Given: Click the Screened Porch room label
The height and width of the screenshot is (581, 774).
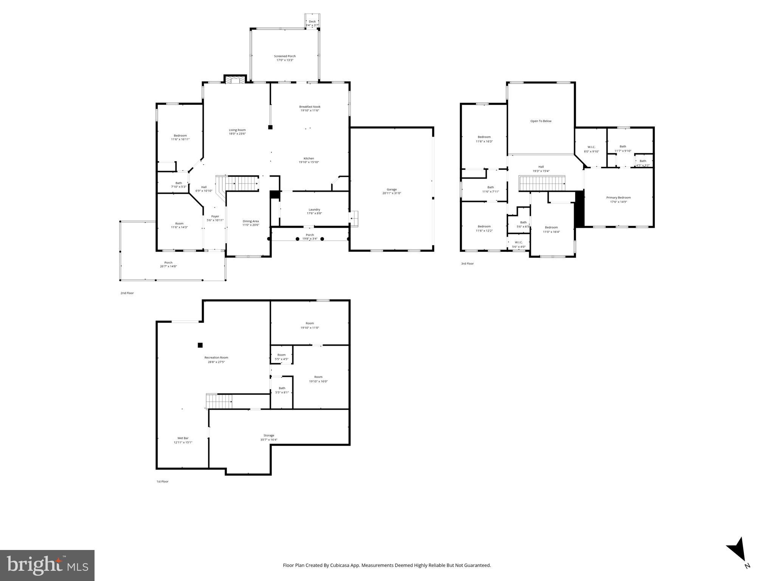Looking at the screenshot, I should (x=285, y=56).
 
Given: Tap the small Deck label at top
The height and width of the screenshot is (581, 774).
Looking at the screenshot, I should (x=312, y=22).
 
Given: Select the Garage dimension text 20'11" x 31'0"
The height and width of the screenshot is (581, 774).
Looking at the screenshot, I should (x=391, y=193).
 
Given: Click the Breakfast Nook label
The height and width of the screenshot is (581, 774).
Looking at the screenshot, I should (x=310, y=107).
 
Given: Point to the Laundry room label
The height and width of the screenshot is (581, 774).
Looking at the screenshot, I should (x=314, y=210).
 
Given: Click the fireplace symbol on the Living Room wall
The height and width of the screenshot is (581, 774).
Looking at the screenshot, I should (x=235, y=79).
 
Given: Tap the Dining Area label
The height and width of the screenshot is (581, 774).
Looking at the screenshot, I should (x=251, y=221).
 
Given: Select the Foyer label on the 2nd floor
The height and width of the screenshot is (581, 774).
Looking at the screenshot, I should (x=215, y=216).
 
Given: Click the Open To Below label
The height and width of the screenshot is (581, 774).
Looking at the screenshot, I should (x=541, y=121).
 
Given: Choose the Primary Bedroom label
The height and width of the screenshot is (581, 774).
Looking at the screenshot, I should (x=618, y=197).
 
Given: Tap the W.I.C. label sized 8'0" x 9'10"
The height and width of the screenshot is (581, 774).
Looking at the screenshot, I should (x=591, y=147).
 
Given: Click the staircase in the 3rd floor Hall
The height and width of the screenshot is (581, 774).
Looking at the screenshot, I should (x=542, y=184).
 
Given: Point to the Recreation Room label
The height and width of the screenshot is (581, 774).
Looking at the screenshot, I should (x=216, y=357).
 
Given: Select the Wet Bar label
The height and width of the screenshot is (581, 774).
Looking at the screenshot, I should (x=183, y=438).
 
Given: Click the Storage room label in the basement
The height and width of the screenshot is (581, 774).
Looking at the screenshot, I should (x=269, y=435).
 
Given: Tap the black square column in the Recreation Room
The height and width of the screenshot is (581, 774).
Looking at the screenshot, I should (x=200, y=345).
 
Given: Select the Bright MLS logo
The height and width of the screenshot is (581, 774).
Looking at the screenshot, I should (x=47, y=565).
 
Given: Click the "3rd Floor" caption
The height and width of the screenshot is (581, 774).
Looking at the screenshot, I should (x=467, y=264).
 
